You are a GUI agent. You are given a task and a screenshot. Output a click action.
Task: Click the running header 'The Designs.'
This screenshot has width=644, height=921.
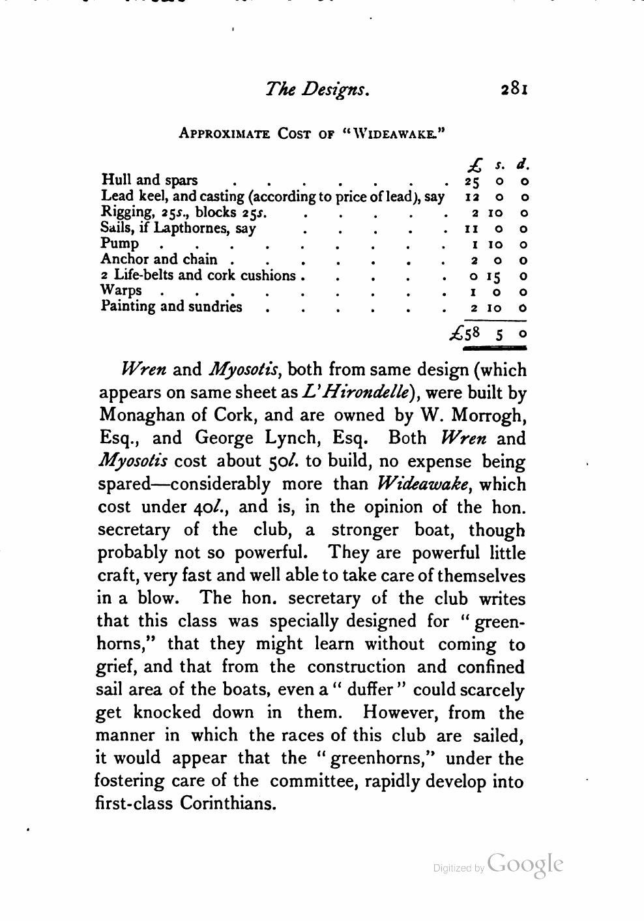[317, 89]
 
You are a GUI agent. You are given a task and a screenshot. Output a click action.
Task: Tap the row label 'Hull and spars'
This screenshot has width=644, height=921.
[150, 180]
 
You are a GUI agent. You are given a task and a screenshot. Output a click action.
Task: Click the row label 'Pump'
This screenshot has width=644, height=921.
[120, 244]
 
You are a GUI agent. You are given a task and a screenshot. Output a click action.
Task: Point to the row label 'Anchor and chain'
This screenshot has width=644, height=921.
[159, 259]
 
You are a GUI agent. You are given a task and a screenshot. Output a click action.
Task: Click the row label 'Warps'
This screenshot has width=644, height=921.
[121, 291]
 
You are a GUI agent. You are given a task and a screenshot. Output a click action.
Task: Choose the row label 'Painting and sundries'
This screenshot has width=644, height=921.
[171, 307]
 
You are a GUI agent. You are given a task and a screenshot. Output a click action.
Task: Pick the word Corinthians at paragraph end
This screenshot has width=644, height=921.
[227, 804]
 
